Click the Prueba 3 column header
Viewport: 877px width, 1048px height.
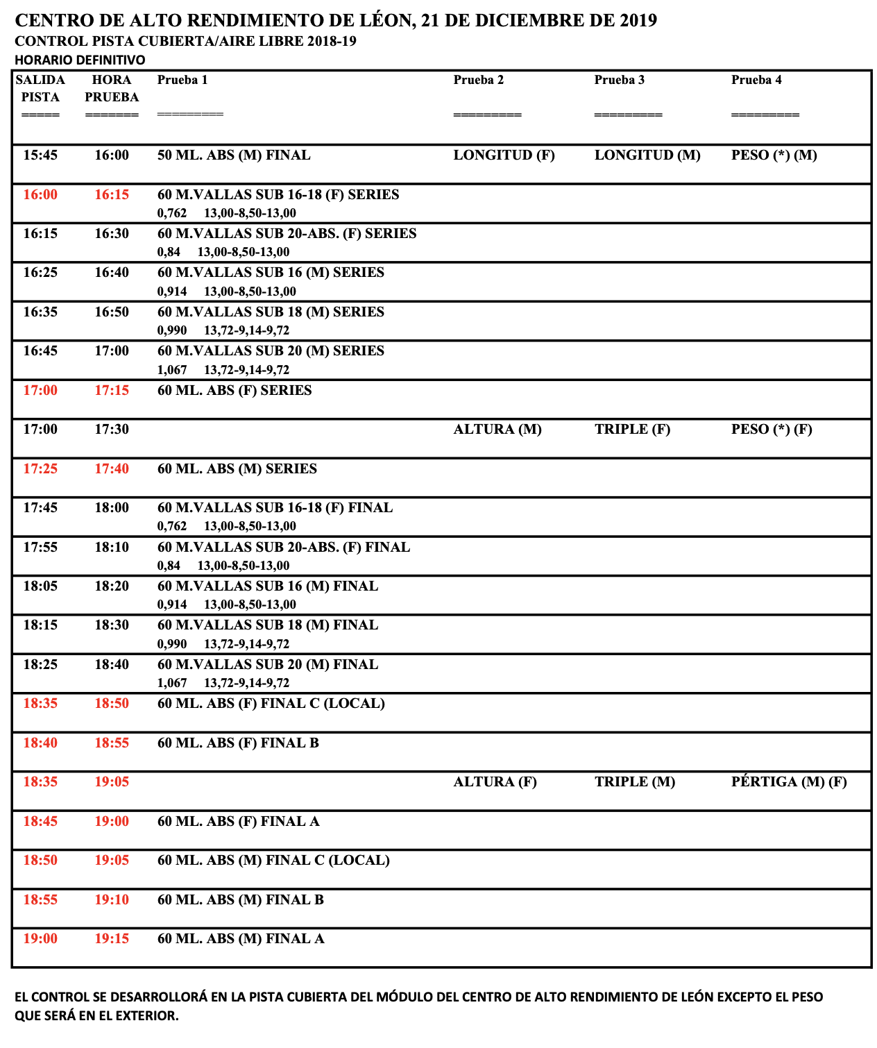[x=619, y=80]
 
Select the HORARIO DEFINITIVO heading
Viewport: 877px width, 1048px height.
[x=80, y=60]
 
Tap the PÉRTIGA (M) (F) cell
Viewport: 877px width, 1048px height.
[x=789, y=782]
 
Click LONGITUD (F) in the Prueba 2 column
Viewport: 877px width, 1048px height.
[x=504, y=155]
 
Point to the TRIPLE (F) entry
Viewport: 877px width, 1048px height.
[x=632, y=430]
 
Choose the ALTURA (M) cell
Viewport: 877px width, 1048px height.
[x=497, y=430]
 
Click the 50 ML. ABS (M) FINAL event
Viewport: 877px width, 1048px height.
[x=234, y=155]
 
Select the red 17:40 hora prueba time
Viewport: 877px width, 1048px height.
[x=112, y=469]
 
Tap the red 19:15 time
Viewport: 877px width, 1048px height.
[x=112, y=939]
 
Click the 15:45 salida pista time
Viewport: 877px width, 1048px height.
[x=40, y=155]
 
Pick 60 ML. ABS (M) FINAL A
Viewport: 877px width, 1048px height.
[x=241, y=939]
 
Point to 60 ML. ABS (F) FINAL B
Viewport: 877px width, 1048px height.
[x=238, y=743]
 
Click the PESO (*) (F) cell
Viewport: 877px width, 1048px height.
[x=772, y=430]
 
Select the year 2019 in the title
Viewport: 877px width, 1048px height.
[x=638, y=21]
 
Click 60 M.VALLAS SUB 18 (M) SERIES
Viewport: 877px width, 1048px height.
[x=271, y=312]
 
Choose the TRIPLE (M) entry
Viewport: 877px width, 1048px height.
[x=634, y=782]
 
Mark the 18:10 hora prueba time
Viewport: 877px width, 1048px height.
[x=112, y=548]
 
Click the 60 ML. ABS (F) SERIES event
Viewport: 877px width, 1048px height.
[x=235, y=391]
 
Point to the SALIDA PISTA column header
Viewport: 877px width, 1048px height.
[x=40, y=88]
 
